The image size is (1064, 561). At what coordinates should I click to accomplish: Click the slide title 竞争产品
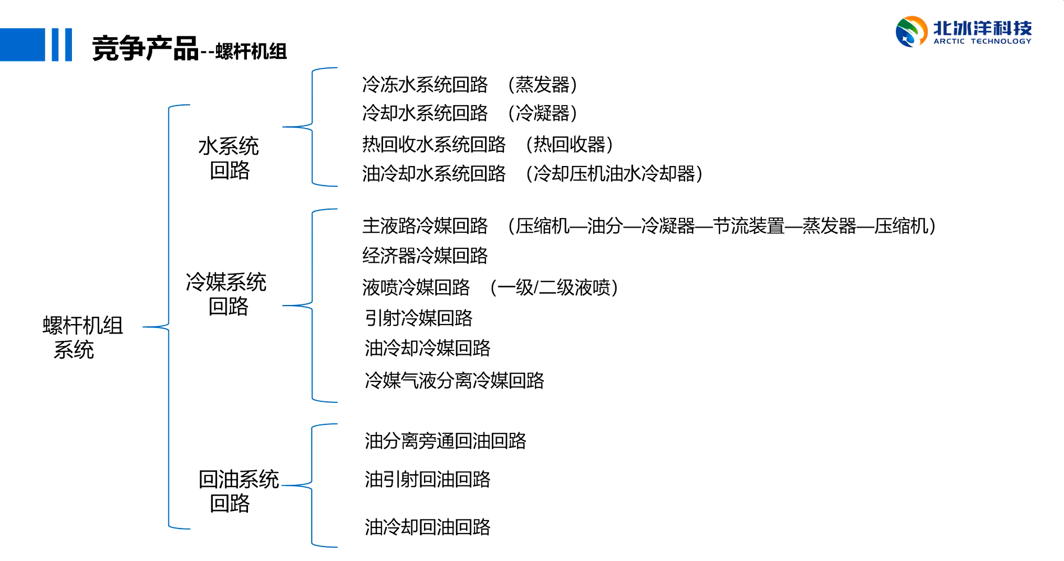[x=145, y=49]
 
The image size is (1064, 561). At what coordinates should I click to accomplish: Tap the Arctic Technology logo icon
[x=911, y=32]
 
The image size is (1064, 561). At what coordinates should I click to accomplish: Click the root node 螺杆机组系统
[x=82, y=338]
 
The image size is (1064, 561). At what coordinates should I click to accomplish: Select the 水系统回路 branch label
[x=229, y=158]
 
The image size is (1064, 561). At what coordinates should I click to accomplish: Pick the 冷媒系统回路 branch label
[x=226, y=294]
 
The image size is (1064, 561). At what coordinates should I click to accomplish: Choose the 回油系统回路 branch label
[x=238, y=491]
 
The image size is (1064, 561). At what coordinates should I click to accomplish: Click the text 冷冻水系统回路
[x=425, y=85]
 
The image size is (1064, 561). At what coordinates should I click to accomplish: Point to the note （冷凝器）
[x=543, y=113]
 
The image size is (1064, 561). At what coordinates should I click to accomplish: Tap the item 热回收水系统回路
[x=434, y=144]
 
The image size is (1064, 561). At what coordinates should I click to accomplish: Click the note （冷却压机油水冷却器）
[x=614, y=174]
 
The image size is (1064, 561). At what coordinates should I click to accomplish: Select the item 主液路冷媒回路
[x=425, y=226]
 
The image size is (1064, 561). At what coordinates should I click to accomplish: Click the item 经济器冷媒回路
[x=425, y=256]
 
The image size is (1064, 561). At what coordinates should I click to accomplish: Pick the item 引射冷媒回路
[x=419, y=318]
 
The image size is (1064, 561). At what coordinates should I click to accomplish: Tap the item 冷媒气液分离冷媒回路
[x=454, y=380]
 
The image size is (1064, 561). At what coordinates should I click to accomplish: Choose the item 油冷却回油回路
[x=428, y=527]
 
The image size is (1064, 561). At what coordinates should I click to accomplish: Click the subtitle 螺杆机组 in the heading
[x=251, y=51]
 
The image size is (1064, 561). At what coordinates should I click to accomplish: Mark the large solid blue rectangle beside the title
[x=23, y=45]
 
